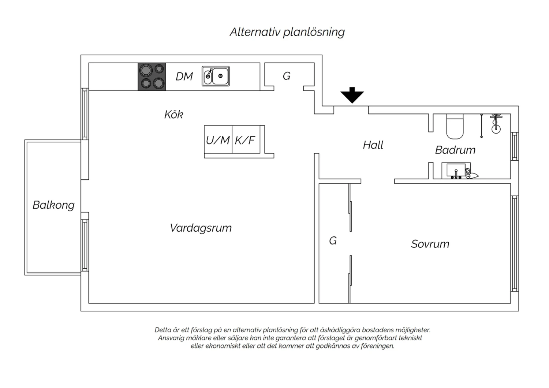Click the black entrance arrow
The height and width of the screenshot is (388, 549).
point(352,95)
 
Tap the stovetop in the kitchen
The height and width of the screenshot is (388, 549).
point(152,77)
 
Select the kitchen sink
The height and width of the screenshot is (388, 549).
point(216,76)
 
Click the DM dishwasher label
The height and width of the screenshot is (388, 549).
point(184,77)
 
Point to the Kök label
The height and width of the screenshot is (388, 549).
point(173,115)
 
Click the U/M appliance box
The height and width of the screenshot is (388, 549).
point(218,139)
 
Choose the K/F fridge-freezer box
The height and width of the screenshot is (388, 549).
point(246,139)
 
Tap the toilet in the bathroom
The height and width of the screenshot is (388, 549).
point(455,126)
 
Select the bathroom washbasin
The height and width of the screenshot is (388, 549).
point(456,170)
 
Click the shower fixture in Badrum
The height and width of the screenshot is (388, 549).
point(496,124)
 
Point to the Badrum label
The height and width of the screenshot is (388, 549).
point(455,150)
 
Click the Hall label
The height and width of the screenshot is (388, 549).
point(373,145)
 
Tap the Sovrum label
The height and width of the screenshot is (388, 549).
point(430,244)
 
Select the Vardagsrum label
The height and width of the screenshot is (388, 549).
point(201,228)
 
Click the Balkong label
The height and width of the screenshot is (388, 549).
point(53,205)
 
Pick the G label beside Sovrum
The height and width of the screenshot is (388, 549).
point(333,241)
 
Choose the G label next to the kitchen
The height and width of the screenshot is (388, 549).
point(287,76)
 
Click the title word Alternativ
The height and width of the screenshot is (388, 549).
point(255,32)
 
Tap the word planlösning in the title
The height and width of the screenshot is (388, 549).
point(314,33)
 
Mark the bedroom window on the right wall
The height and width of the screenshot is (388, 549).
point(515,244)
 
